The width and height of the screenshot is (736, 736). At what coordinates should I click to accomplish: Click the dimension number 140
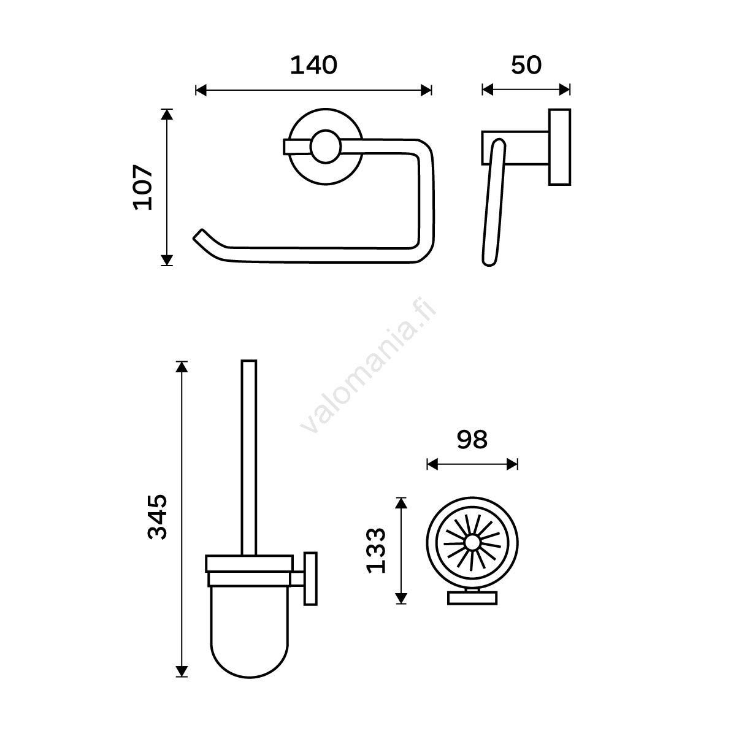313,65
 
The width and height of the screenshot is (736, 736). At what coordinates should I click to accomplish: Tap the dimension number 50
526,65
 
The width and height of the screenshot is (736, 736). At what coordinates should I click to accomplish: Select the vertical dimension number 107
143,187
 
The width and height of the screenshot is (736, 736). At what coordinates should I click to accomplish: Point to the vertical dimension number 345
158,517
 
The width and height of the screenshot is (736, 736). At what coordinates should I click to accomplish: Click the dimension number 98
472,440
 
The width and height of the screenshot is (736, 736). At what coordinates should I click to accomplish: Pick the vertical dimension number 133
376,550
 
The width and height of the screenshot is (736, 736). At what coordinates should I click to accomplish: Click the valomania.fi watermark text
368,366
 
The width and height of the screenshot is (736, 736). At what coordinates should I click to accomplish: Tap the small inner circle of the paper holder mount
326,147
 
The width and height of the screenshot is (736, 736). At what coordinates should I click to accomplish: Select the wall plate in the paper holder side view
559,147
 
